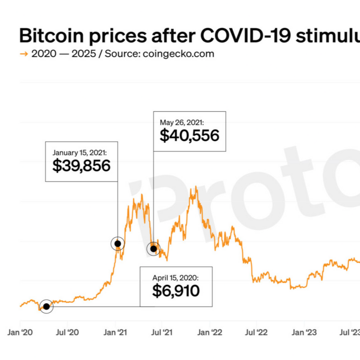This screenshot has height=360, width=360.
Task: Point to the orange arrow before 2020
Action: pyautogui.click(x=24, y=54)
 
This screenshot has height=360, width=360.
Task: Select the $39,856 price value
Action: pyautogui.click(x=81, y=166)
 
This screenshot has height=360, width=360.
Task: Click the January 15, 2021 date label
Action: pyautogui.click(x=80, y=152)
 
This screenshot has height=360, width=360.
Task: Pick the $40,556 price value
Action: pyautogui.click(x=190, y=136)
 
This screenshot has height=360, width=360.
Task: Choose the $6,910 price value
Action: pyautogui.click(x=176, y=291)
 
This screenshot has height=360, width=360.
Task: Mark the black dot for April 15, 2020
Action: pyautogui.click(x=46, y=306)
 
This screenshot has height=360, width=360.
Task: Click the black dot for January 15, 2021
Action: pyautogui.click(x=118, y=243)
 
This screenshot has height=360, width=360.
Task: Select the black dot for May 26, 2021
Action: pyautogui.click(x=153, y=249)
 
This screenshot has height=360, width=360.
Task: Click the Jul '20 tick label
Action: pyautogui.click(x=68, y=332)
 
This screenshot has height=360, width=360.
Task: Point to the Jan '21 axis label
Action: pyautogui.click(x=116, y=332)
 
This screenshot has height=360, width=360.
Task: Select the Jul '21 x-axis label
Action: pyautogui.click(x=162, y=332)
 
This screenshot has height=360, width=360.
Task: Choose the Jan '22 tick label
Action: pyautogui.click(x=210, y=332)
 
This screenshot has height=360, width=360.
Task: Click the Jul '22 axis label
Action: pyautogui.click(x=257, y=332)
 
